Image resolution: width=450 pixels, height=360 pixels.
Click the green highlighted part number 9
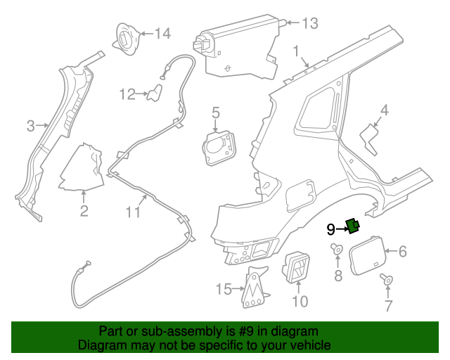click(x=352, y=226)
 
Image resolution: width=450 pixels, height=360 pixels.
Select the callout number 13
click(x=309, y=23)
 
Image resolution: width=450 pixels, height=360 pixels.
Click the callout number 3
click(x=30, y=127)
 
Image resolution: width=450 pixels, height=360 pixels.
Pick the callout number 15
click(x=223, y=289)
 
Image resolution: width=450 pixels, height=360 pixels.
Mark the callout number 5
click(x=216, y=112)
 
